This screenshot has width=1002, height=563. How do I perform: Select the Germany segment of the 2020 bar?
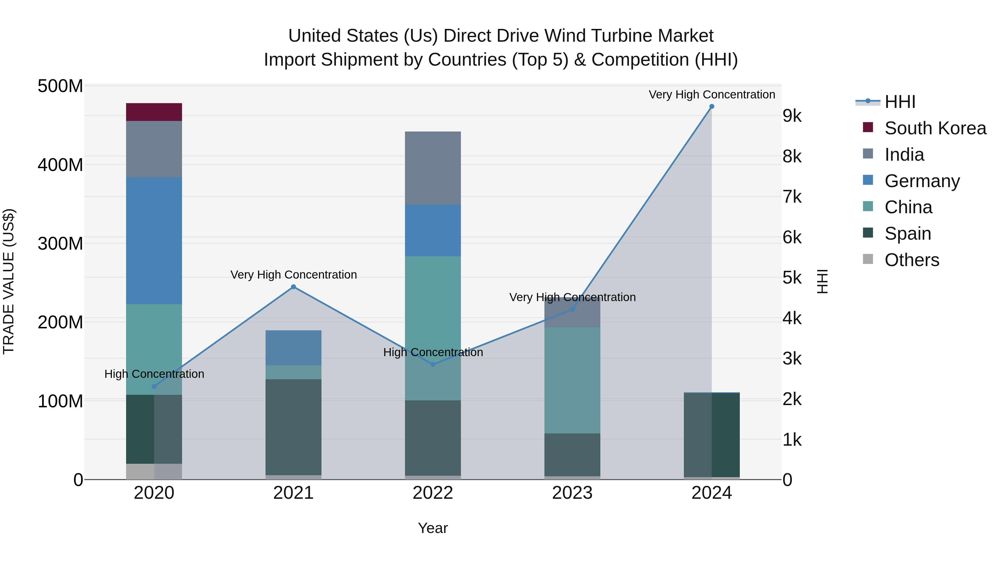[154, 240]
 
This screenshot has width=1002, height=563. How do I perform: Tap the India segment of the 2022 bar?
[433, 168]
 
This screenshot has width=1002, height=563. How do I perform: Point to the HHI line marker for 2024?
[711, 106]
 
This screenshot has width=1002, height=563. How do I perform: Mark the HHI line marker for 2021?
[293, 287]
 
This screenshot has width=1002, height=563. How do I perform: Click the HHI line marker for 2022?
[433, 364]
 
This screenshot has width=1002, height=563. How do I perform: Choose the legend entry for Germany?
[922, 181]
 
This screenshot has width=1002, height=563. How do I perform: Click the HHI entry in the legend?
[900, 102]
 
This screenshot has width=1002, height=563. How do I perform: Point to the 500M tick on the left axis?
[60, 86]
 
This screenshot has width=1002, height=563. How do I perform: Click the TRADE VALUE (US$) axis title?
[9, 281]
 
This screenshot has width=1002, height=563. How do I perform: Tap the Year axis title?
[433, 528]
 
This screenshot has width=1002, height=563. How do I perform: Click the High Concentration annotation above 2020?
[154, 374]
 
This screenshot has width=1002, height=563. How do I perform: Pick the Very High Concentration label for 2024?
[711, 95]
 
